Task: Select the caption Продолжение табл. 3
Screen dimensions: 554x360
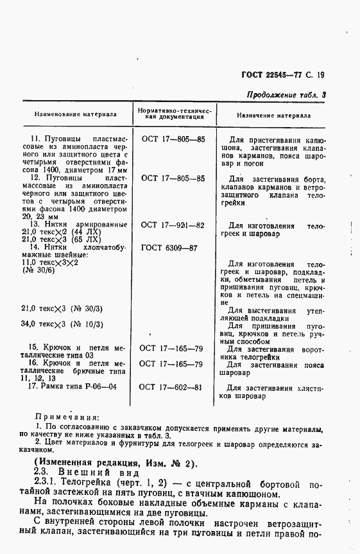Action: [x=286, y=95]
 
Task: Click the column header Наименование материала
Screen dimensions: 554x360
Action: [x=72, y=116]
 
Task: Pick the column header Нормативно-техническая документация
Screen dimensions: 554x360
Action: [x=173, y=115]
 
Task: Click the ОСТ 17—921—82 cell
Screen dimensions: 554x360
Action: [x=173, y=225]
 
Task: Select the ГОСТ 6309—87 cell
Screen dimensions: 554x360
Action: [x=173, y=247]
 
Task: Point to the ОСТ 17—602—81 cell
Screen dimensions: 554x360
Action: [x=173, y=387]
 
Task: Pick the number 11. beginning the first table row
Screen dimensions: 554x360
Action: [x=37, y=139]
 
